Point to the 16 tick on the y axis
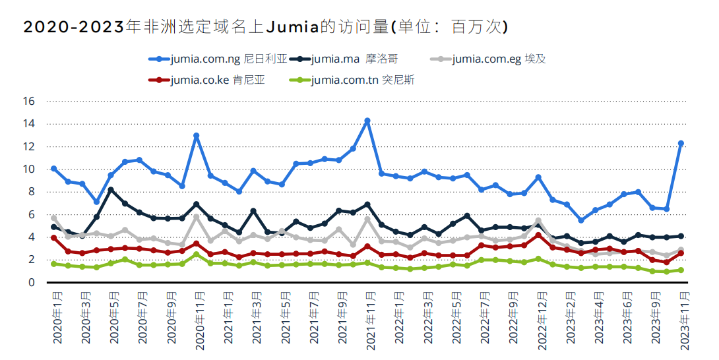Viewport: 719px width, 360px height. pyautogui.click(x=29, y=102)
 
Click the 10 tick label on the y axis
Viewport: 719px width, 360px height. pyautogui.click(x=29, y=169)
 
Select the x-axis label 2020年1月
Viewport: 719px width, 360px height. pyautogui.click(x=57, y=318)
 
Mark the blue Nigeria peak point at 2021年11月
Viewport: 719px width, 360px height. pyautogui.click(x=367, y=121)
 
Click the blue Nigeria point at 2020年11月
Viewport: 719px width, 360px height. pyautogui.click(x=196, y=136)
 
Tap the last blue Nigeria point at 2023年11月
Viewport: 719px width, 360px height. pyautogui.click(x=681, y=143)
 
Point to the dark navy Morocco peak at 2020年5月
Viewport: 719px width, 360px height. pyautogui.click(x=111, y=190)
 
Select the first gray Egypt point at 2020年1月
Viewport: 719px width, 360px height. pyautogui.click(x=54, y=218)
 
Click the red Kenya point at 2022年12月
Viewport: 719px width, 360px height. pyautogui.click(x=538, y=235)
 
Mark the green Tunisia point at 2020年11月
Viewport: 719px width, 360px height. pyautogui.click(x=196, y=255)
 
